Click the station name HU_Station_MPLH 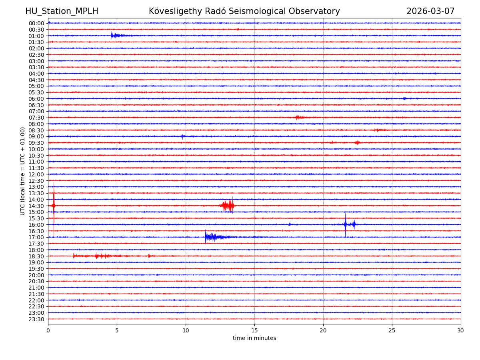click(62, 11)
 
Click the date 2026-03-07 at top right click(430, 11)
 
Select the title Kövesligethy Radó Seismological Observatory click(244, 11)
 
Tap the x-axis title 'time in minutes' click(254, 338)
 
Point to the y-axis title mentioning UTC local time click(23, 171)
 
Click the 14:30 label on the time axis click(36, 206)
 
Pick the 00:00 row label click(36, 23)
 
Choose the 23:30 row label click(36, 319)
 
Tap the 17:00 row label click(36, 237)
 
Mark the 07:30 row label click(36, 118)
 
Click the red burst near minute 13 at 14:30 click(228, 206)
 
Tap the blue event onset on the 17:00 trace click(206, 237)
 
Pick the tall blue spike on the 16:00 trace click(345, 224)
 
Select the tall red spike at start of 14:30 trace click(54, 206)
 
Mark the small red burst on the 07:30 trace click(298, 117)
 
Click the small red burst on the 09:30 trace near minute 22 click(357, 142)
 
